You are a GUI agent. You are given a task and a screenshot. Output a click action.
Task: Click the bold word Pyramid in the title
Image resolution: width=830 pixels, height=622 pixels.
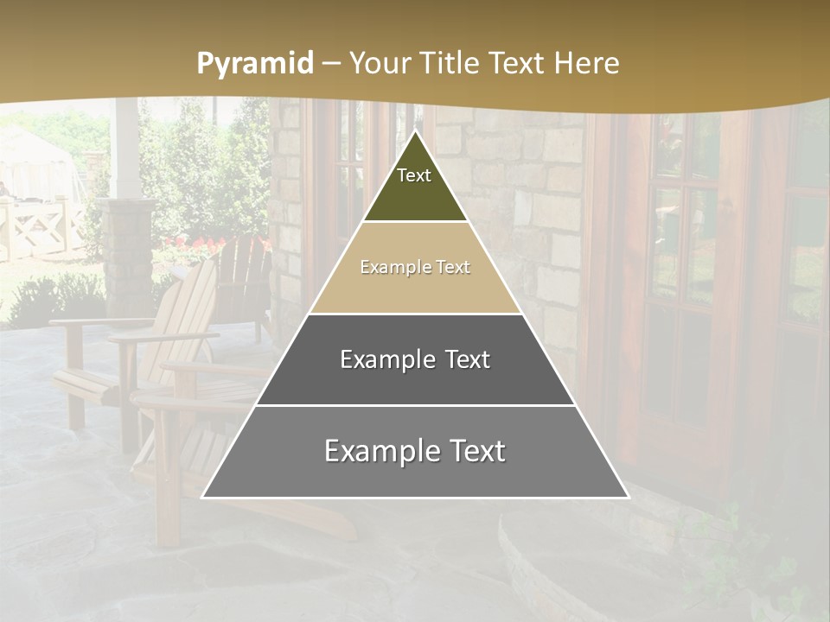(x=255, y=64)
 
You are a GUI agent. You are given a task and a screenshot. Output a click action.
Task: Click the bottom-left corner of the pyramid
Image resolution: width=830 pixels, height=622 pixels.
(x=203, y=497)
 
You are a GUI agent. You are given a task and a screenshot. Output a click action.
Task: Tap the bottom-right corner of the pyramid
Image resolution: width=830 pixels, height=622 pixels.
(x=628, y=497)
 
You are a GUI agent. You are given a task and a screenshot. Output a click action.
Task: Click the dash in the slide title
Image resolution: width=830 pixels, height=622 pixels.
(x=331, y=64)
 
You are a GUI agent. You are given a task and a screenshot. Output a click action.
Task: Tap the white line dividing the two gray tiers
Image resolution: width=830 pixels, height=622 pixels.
(x=415, y=405)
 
